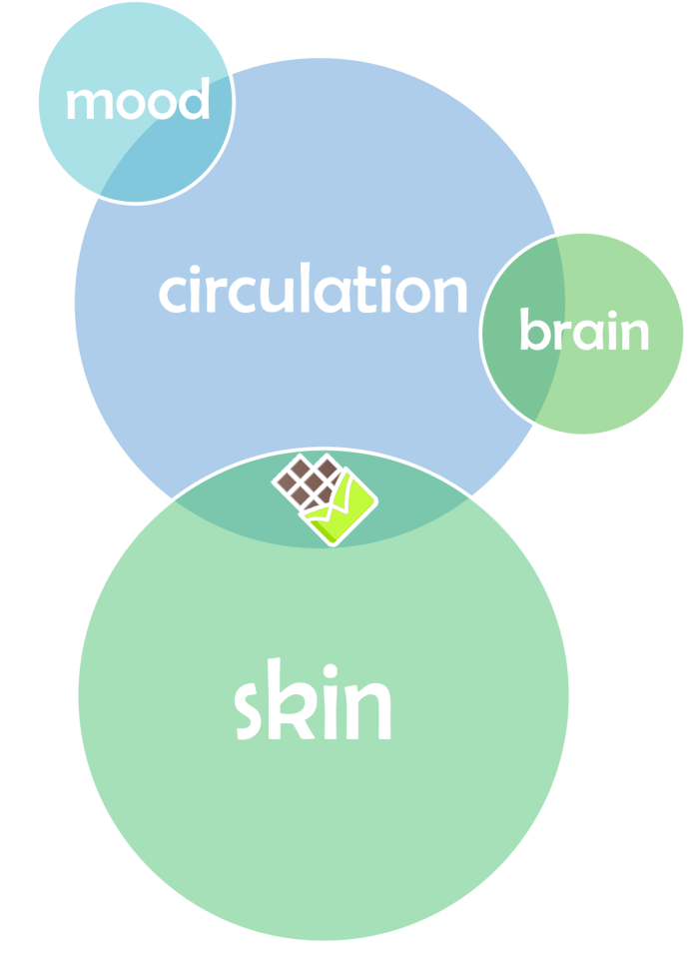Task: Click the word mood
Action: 137,102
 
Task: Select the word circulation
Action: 313,291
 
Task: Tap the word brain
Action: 583,331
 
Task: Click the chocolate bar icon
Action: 325,498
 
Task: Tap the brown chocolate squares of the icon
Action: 308,481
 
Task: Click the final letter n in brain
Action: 634,334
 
